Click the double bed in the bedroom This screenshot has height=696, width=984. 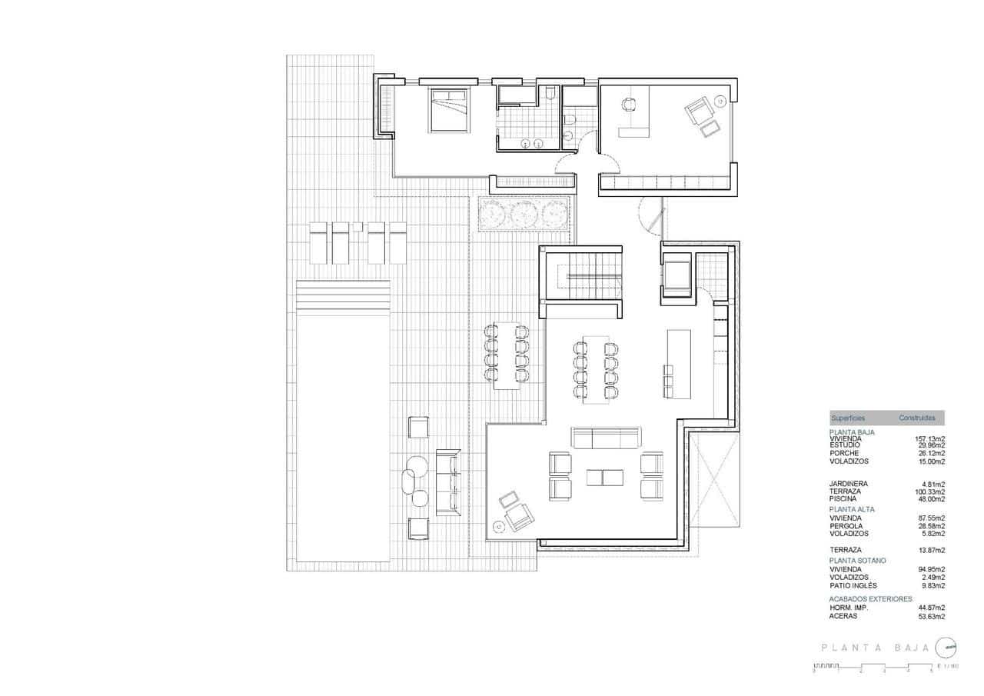[x=447, y=110]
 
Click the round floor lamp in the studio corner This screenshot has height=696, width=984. [x=720, y=101]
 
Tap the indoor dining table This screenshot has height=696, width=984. [x=597, y=369]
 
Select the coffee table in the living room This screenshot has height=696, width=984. [x=606, y=477]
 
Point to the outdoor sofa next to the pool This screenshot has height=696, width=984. [x=446, y=482]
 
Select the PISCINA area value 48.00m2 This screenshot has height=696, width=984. [x=930, y=498]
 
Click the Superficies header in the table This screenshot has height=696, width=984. [x=848, y=418]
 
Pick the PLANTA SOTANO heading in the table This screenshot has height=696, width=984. [x=857, y=561]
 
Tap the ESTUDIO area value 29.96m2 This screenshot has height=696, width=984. [x=930, y=445]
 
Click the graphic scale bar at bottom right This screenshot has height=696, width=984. [x=873, y=669]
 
